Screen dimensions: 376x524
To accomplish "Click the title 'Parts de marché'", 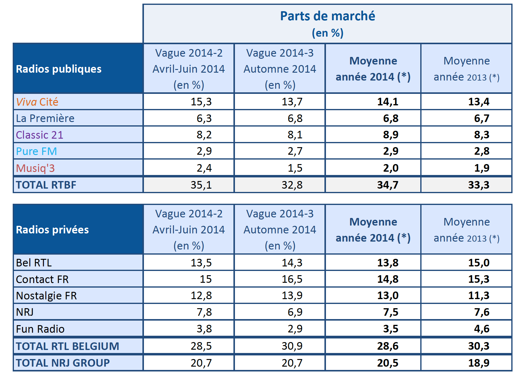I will pos(327,16).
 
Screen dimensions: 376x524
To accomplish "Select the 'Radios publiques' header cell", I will pos(59,69).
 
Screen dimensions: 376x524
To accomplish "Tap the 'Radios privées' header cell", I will pos(52,230).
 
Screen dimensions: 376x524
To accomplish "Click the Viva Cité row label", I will pos(37,102).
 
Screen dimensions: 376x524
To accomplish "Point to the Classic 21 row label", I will pos(40,135).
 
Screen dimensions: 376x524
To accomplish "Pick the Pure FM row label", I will pos(37,151).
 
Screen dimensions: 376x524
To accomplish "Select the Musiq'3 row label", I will pos(35,168).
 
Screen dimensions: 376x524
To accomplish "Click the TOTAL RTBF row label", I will pos(46,185).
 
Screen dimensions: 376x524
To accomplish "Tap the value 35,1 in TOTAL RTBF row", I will pos(201,185).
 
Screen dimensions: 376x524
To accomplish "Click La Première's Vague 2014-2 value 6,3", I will pos(204,118).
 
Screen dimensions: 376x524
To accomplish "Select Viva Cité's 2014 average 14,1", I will pos(388,102).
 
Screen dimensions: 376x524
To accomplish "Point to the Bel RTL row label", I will pos(34,263).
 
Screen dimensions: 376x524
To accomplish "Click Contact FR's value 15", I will pos(206,279).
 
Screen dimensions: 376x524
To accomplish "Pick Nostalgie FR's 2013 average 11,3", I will pos(479,295).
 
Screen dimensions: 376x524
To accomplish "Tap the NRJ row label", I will pos(25,312).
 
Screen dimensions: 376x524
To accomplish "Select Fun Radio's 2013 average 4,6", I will pos(482,329).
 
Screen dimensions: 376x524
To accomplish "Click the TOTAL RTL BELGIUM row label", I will pos(67,346).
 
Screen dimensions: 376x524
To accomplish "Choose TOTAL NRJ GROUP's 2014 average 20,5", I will pos(388,363).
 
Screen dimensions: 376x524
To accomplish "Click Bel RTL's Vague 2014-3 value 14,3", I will pos(292,263).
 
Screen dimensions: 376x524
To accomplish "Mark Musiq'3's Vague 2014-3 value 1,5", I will pos(295,168).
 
